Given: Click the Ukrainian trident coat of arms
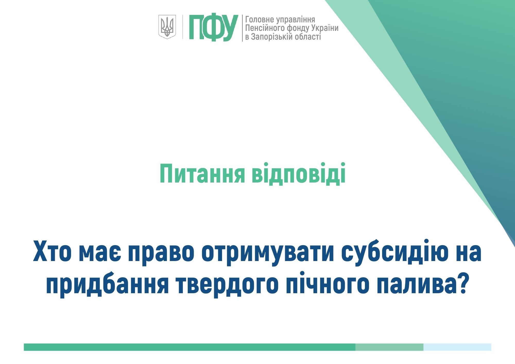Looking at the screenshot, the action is tap(167, 27).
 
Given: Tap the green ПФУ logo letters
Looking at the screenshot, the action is tap(213, 28).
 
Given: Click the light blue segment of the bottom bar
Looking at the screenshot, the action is tap(457, 347).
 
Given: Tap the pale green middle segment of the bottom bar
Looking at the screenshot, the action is tap(389, 347).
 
